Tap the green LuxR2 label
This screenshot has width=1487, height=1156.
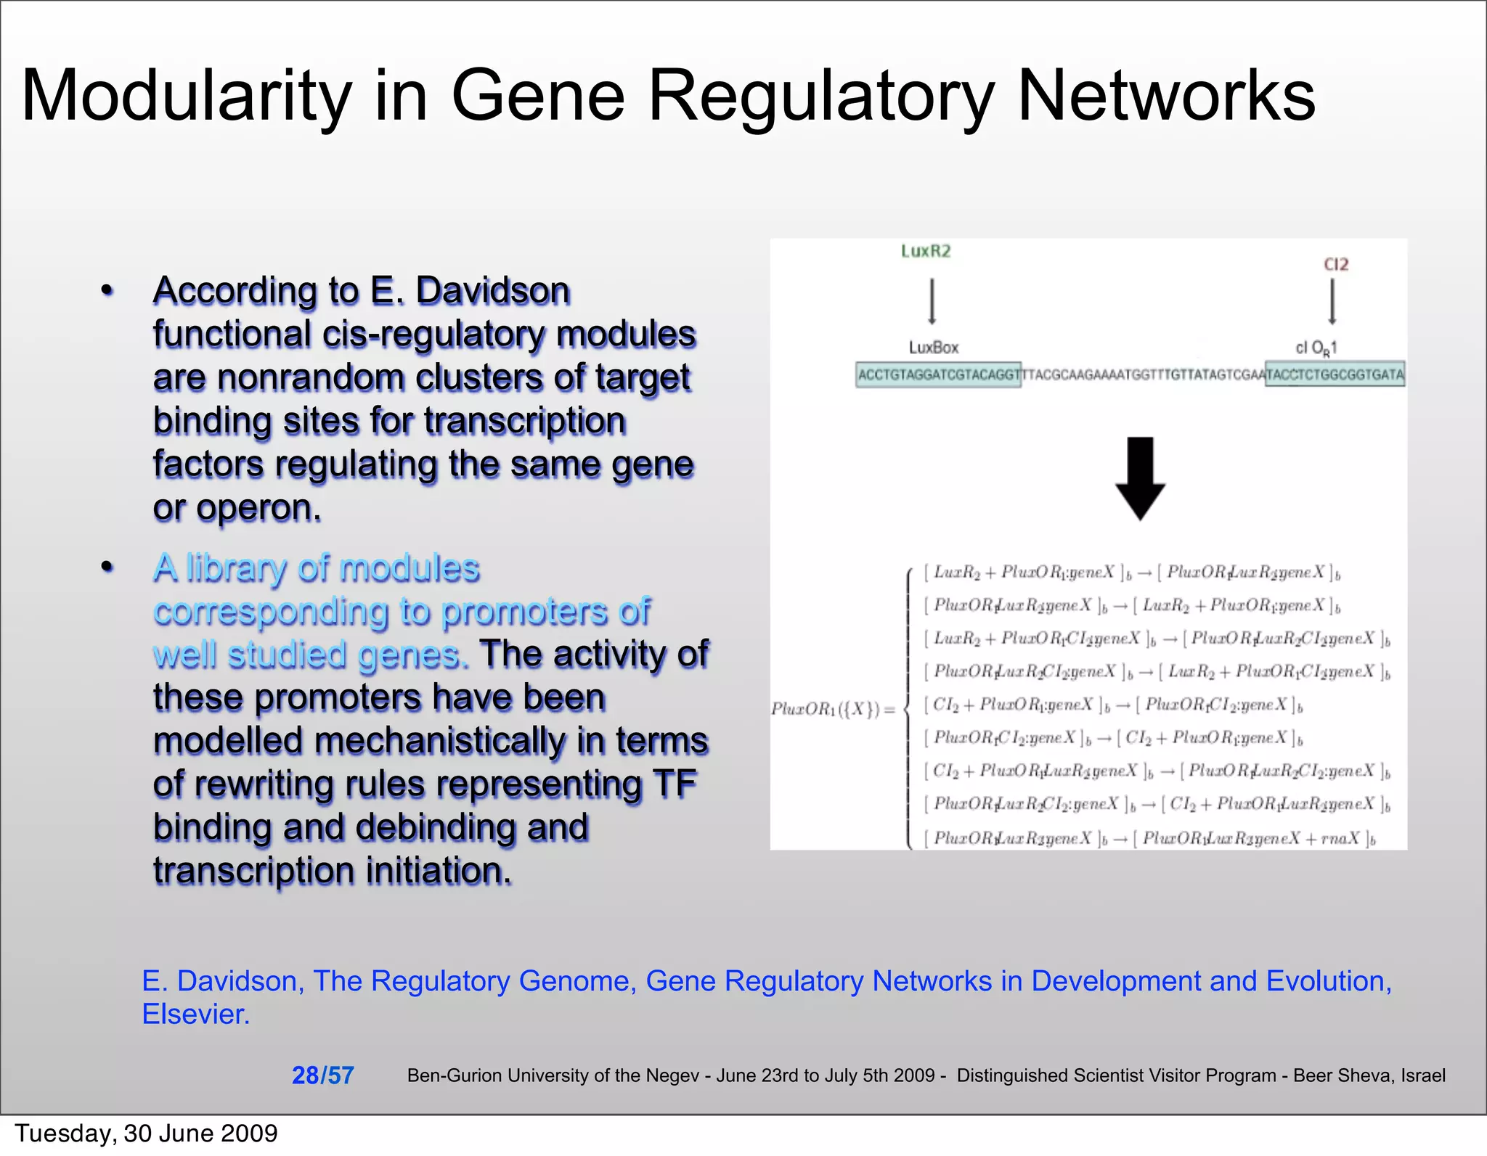(926, 251)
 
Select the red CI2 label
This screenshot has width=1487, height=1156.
(1336, 264)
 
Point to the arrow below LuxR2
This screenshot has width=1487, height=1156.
(932, 302)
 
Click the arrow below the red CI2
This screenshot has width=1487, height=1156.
(1332, 302)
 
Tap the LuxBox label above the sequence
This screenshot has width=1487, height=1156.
(934, 348)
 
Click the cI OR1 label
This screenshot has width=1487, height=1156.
(1316, 348)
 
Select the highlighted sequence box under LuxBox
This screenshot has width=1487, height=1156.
(938, 374)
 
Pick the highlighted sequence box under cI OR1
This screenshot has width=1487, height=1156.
(1335, 374)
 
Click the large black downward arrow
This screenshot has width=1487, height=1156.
(1140, 478)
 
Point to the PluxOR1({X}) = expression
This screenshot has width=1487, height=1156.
(833, 709)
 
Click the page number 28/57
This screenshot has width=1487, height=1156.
(322, 1075)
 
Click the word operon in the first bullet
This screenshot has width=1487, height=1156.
(258, 508)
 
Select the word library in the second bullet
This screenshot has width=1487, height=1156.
(237, 568)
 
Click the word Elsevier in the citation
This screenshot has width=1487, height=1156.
(195, 1014)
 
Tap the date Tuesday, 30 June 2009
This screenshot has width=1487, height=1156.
(146, 1133)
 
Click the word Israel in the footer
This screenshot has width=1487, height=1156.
(1423, 1075)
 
